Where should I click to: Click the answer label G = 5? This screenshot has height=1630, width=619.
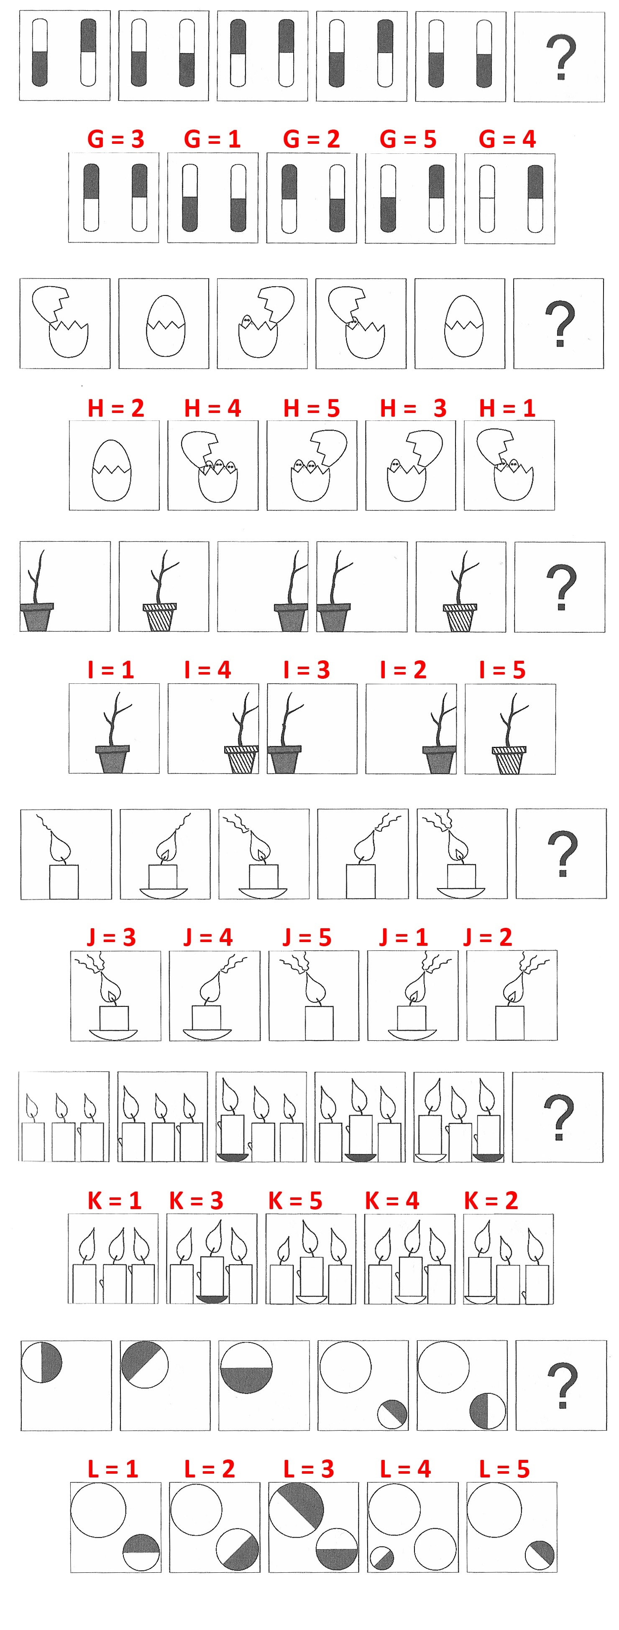point(408,139)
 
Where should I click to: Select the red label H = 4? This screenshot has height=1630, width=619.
point(212,408)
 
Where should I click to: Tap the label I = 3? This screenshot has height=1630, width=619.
point(306,670)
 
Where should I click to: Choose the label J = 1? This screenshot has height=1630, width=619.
point(403,937)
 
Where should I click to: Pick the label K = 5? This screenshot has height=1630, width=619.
point(295,1200)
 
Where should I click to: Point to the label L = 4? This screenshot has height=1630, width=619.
point(405,1469)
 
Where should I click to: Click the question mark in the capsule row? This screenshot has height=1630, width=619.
point(560,58)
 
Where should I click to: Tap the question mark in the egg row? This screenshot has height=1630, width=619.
point(560,323)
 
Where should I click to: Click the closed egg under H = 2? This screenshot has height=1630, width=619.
point(111,470)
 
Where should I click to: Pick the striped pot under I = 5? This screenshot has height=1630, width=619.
point(509,760)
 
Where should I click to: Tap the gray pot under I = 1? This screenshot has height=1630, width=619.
point(112,759)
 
